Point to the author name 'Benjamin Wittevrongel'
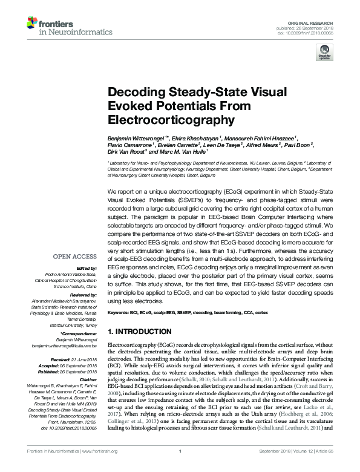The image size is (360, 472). (134, 138)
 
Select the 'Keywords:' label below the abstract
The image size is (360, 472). (120, 312)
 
